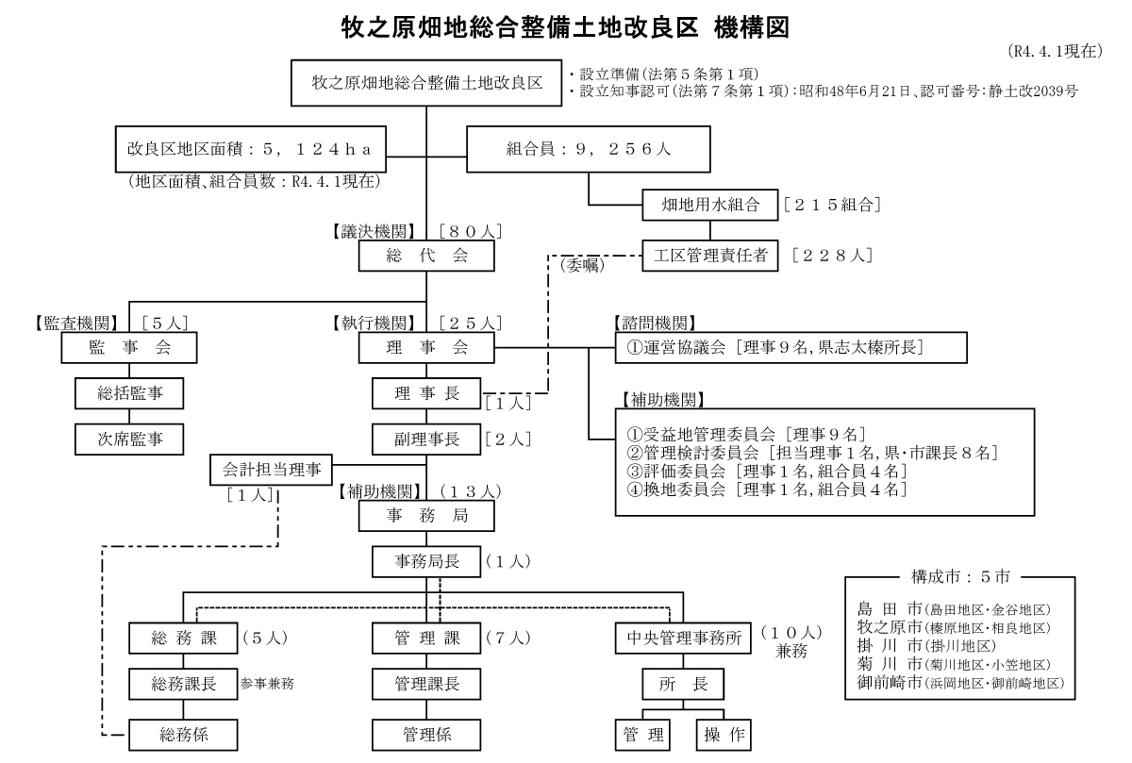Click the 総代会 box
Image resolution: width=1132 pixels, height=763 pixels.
pos(426,256)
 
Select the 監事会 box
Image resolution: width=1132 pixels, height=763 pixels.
pos(129,348)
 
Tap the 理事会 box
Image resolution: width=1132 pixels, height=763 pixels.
pos(426,348)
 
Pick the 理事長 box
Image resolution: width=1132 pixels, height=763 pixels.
pos(426,393)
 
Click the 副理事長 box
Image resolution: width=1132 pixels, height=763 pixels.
pos(426,439)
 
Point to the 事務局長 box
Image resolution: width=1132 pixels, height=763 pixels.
pos(426,562)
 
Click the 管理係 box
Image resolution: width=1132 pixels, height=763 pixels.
pos(426,733)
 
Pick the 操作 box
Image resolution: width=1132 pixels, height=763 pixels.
pos(724,733)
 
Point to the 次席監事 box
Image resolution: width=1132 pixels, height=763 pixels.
pos(129,439)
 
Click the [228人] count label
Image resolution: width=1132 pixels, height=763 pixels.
pos(832,255)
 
